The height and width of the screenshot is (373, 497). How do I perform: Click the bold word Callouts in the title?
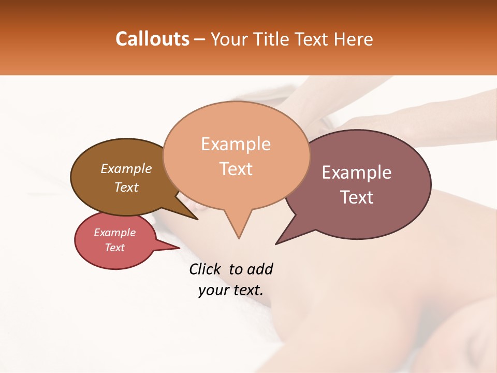pos(152,39)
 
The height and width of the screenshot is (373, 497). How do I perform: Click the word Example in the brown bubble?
pos(126,168)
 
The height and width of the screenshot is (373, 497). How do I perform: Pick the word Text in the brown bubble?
pos(126,187)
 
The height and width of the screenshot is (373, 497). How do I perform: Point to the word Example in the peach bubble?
pos(236,144)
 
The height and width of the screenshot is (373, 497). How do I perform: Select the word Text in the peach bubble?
pos(236,169)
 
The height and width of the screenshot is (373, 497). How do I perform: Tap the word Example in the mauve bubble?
pos(357,173)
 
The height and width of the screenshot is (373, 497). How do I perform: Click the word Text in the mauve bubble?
pos(357,197)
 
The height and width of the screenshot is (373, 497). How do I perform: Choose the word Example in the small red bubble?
pos(114,233)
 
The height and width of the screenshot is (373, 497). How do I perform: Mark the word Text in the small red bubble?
pos(114,248)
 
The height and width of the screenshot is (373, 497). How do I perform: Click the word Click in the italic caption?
pos(205,269)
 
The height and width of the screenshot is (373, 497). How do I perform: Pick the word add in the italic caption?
pos(260,269)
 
